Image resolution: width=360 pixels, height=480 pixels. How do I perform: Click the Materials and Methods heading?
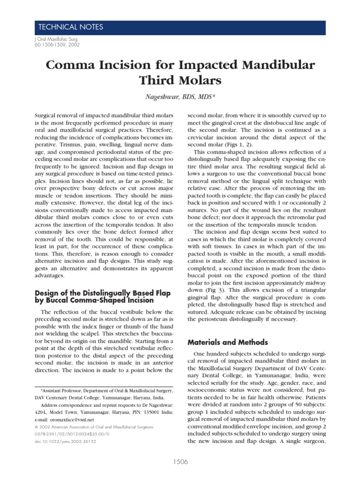(x=227, y=342)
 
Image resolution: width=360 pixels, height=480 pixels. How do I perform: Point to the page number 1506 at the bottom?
(x=180, y=462)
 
